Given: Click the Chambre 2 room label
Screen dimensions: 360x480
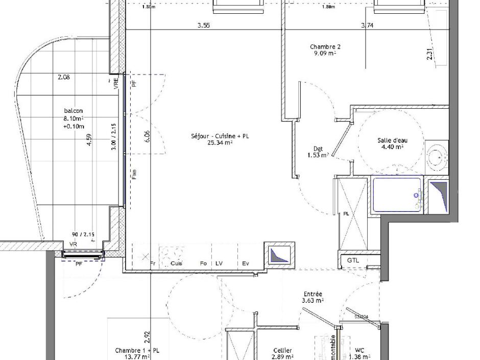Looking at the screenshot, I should [325, 47].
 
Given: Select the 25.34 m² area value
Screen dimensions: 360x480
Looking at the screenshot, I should [220, 143].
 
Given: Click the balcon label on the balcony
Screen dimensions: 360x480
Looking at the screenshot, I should [74, 111].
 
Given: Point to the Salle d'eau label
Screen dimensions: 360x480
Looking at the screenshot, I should [392, 140].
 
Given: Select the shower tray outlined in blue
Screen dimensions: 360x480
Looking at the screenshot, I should [397, 195].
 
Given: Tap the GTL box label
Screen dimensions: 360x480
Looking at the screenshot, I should [353, 260].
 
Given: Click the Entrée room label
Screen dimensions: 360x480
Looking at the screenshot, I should [313, 294].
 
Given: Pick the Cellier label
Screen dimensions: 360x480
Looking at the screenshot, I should [282, 350].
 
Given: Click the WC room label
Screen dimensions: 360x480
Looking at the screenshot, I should [359, 350].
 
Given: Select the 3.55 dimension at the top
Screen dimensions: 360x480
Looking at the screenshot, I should [204, 25].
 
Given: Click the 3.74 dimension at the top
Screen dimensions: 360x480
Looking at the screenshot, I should [367, 25].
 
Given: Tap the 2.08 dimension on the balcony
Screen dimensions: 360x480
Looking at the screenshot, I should [64, 78].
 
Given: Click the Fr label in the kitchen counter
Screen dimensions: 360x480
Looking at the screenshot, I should [153, 263].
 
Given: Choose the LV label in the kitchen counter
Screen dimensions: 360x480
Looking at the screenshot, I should [219, 263].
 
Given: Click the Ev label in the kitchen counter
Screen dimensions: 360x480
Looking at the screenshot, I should [246, 263].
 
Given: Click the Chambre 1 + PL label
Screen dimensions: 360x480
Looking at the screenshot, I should [137, 351].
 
